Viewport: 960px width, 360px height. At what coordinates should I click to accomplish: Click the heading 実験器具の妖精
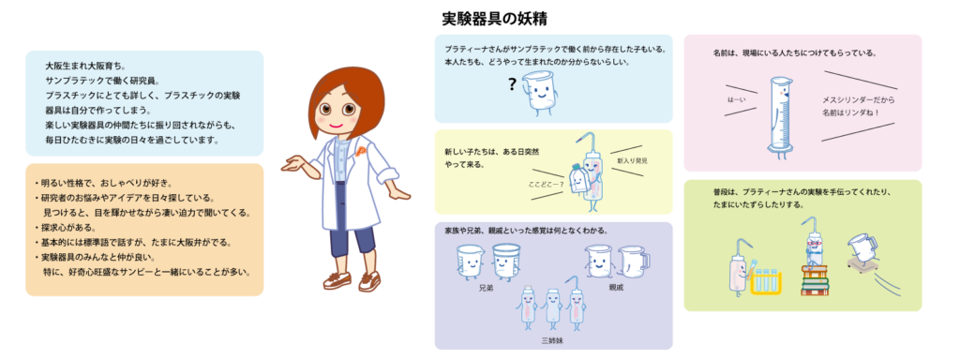pos(494,19)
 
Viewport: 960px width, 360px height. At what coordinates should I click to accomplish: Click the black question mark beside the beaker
pos(513,84)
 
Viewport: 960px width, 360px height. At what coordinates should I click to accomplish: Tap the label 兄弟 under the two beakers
pos(485,286)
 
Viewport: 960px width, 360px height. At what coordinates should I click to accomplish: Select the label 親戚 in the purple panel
pos(616,286)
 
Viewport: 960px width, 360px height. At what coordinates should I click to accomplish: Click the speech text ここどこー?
pos(547,184)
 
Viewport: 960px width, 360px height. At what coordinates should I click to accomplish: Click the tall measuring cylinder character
pos(781,117)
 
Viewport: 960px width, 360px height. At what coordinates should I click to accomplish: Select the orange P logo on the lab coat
pos(360,151)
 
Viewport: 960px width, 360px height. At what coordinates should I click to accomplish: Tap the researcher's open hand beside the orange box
pos(292,163)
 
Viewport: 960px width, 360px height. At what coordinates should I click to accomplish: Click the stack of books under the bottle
pos(815,280)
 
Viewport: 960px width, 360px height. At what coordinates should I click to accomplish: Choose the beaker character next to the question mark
pos(540,92)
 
